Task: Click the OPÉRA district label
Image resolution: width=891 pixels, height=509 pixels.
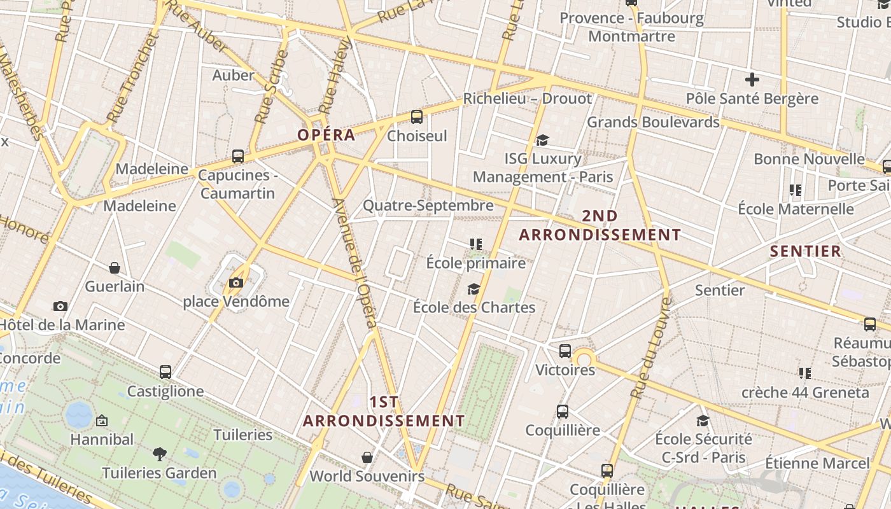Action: click(x=326, y=135)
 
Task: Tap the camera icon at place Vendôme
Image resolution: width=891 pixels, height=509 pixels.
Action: click(x=236, y=282)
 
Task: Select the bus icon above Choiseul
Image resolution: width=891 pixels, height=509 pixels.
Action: click(x=417, y=117)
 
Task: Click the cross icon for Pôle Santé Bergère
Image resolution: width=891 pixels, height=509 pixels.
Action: click(x=752, y=80)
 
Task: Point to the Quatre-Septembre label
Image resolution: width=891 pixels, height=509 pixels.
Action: click(x=428, y=206)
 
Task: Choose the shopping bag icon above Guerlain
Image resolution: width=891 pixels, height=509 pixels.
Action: click(x=115, y=268)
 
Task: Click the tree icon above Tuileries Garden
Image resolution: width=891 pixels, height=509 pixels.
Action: click(x=159, y=454)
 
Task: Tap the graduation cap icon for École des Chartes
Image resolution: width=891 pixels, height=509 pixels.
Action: click(x=474, y=289)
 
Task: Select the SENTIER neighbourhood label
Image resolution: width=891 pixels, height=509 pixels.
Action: click(x=805, y=251)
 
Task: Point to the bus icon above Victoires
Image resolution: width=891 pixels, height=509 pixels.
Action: click(x=565, y=351)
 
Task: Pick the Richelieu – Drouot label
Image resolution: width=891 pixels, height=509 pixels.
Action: click(x=527, y=99)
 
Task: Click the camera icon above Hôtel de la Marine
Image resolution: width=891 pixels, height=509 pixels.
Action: click(x=60, y=307)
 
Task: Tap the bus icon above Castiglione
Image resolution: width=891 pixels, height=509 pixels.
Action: click(x=165, y=372)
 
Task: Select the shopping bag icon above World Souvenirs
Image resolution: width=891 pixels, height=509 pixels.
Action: click(x=367, y=457)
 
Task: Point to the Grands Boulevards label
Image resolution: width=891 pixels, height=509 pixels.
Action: click(x=652, y=122)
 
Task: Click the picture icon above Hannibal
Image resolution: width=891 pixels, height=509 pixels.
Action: click(x=102, y=421)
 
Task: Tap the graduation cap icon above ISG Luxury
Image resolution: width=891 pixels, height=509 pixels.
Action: click(x=542, y=140)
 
